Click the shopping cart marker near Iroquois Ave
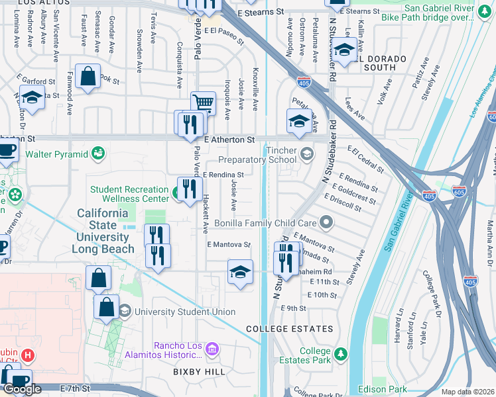[x=203, y=103]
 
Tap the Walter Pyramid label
[x=56, y=154]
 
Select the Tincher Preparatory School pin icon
[x=306, y=154]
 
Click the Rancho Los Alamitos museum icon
[x=212, y=348]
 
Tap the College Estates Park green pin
[x=341, y=354]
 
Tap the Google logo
[x=22, y=389]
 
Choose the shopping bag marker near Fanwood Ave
[x=88, y=77]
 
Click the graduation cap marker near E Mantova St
[x=240, y=272]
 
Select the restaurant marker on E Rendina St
[x=190, y=189]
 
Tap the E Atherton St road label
[x=229, y=140]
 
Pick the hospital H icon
[x=27, y=355]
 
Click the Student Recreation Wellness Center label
[x=129, y=194]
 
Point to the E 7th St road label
[x=74, y=388]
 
